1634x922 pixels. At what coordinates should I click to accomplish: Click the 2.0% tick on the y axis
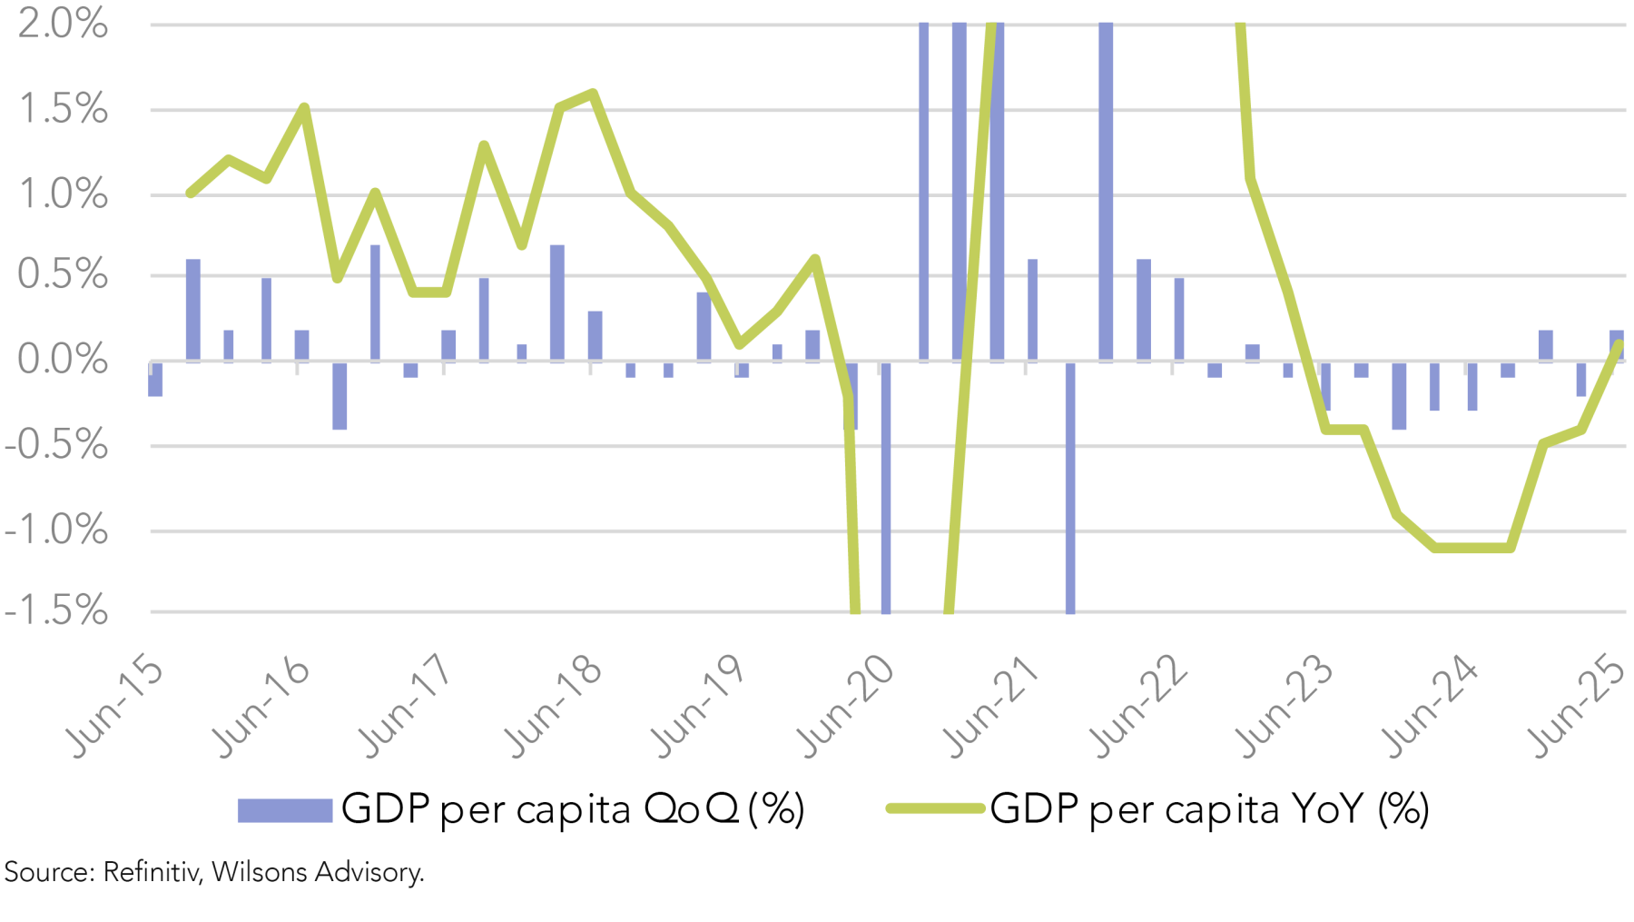click(62, 24)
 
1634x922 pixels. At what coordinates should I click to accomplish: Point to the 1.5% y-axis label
click(62, 110)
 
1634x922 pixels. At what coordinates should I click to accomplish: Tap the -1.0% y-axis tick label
click(56, 530)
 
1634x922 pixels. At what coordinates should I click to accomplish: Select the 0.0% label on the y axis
click(62, 360)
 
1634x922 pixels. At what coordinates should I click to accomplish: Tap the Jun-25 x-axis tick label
click(1580, 706)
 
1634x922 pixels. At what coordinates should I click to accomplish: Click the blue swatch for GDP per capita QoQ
click(284, 809)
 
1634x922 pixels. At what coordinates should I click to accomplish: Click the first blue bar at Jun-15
click(155, 379)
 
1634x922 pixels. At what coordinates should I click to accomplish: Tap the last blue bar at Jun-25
click(1617, 345)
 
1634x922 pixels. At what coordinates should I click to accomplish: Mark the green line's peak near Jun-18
click(593, 93)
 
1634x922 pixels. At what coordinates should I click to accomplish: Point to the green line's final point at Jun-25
click(1619, 344)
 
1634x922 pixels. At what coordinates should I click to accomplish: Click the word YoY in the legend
click(1326, 808)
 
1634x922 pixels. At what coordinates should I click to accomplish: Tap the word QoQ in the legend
click(691, 808)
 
